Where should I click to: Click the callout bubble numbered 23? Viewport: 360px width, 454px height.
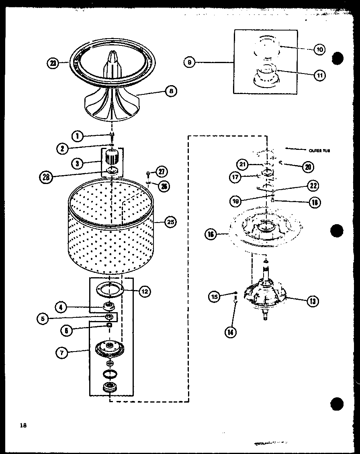pos(53,63)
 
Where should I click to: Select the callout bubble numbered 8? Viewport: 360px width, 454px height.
pos(171,91)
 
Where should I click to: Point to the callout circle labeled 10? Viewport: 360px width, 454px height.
pos(319,49)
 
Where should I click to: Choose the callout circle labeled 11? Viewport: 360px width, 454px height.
pos(320,75)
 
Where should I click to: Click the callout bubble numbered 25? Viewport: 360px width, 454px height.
pos(171,222)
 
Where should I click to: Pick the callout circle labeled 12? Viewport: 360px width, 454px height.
pos(145,292)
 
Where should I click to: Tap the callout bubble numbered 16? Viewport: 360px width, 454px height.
pos(211,234)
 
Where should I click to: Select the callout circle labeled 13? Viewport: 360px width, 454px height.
pos(312,301)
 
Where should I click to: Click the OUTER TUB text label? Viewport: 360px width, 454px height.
pos(320,151)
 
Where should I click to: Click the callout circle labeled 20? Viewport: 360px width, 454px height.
pos(308,167)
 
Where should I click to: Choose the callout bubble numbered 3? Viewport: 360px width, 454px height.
pos(78,163)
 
